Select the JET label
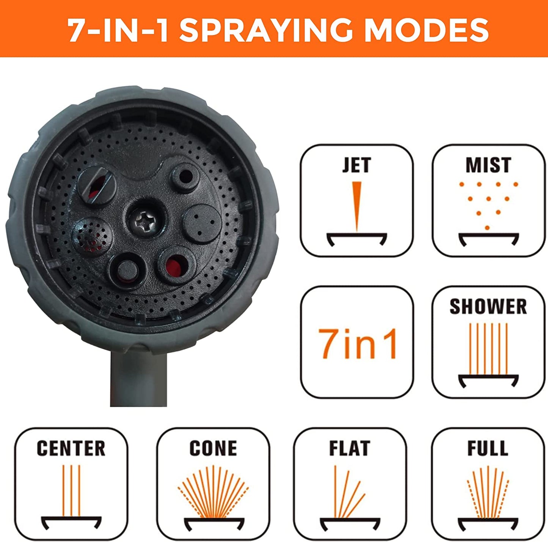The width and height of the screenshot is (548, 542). click(356, 165)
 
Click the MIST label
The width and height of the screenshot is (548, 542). click(488, 165)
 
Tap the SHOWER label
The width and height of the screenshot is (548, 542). click(488, 307)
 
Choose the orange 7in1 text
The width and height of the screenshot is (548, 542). click(357, 344)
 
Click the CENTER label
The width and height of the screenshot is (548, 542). click(71, 448)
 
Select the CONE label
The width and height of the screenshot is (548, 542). click(213, 448)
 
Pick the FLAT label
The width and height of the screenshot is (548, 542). click(350, 448)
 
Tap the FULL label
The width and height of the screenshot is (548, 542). click(488, 448)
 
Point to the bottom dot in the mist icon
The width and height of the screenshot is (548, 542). click(487, 228)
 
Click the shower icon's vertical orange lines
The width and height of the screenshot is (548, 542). click(488, 348)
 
